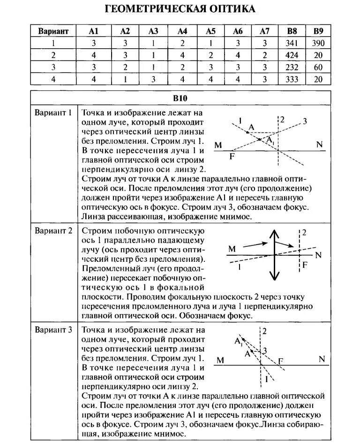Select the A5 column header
pos(210,31)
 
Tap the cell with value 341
pos(292,44)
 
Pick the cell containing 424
pos(292,55)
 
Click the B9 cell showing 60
pos(318,67)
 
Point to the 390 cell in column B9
pos(318,44)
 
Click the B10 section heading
pos(180,99)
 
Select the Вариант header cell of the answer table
pos(53,31)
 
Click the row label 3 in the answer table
pos(53,67)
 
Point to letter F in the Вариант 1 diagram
pos(232,156)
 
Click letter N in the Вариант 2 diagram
pos(319,255)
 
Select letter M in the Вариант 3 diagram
pos(220,360)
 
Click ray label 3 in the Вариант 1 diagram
pos(305,122)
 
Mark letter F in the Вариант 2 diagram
pos(305,265)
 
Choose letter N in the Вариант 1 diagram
pos(320,144)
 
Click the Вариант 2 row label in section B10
pos(53,230)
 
